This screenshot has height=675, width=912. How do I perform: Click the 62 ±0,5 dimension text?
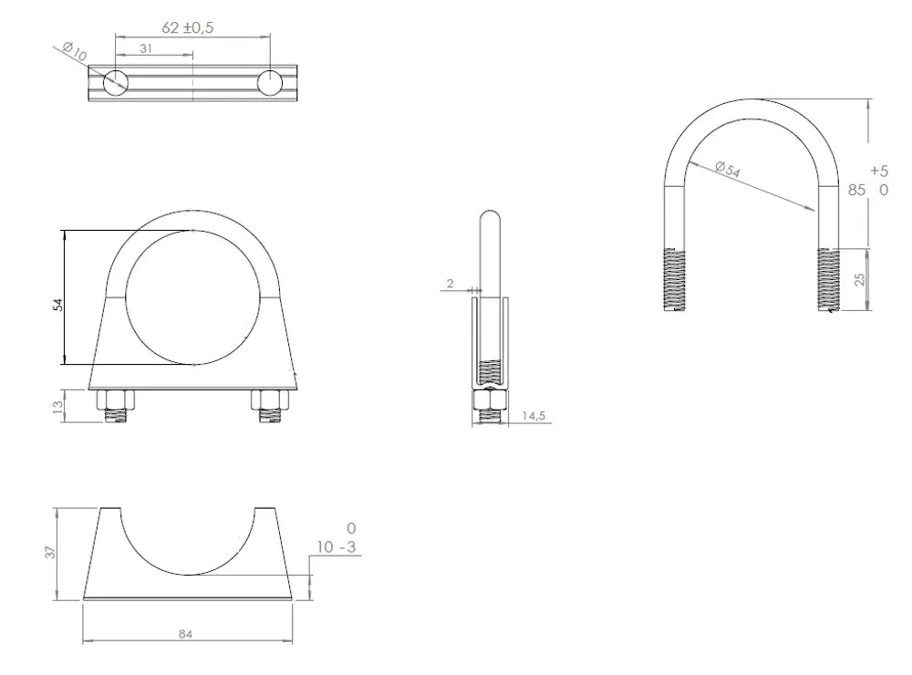pos(187,27)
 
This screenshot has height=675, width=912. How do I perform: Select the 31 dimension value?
pos(146,49)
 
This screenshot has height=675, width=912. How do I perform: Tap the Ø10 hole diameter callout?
pos(75,52)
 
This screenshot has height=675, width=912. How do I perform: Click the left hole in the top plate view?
pos(116,83)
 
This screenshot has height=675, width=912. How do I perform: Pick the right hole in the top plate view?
pos(270,83)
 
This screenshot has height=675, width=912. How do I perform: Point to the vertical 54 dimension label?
pos(57,305)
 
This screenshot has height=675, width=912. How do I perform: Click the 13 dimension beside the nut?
pos(57,407)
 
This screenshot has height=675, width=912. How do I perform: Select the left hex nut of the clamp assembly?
pos(115,400)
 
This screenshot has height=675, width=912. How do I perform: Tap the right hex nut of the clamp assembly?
pos(270,400)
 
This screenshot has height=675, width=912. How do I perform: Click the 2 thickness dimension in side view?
pos(450,284)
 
